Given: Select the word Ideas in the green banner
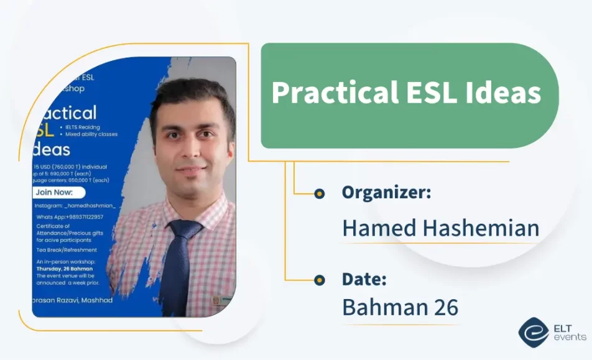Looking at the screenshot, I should coord(503,94).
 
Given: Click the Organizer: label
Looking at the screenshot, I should coord(386,193).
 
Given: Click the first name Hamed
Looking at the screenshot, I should coord(379,228).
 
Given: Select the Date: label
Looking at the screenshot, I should coord(364,279).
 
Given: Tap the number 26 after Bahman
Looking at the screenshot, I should coord(445,308).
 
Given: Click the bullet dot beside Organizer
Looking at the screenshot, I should coord(320,194).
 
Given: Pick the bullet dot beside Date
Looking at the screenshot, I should coord(320,280).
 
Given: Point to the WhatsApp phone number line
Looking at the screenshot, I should coord(70,217).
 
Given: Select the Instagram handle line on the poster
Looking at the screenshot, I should coord(75,205).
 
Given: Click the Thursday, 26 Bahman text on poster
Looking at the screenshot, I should coord(65,269).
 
